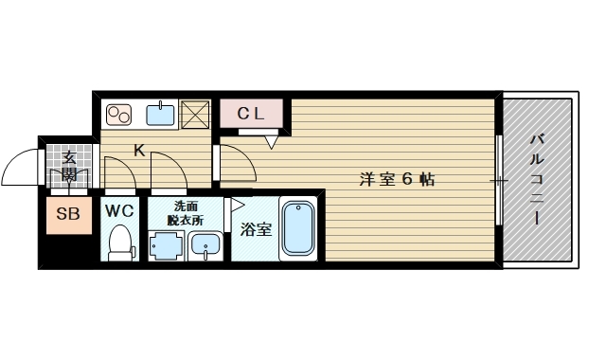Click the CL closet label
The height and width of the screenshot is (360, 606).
click(x=250, y=114)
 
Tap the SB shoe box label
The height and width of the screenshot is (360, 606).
click(x=68, y=213)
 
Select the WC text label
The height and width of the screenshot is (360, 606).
click(x=119, y=211)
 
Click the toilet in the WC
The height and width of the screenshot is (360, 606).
click(x=120, y=243)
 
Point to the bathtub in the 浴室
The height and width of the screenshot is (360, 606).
click(x=298, y=229)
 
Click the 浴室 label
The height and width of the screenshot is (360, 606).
click(x=256, y=229)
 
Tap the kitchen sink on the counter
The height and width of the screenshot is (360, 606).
click(x=160, y=114)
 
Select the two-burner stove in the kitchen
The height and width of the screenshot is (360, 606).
click(x=118, y=116)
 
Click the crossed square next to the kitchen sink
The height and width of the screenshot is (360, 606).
click(x=195, y=115)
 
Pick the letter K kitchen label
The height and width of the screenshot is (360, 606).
click(x=139, y=151)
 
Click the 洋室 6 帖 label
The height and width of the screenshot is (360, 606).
click(x=397, y=180)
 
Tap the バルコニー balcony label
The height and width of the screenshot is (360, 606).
click(x=537, y=179)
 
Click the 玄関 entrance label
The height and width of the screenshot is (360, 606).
click(x=69, y=167)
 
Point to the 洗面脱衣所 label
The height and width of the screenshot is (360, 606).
click(x=186, y=213)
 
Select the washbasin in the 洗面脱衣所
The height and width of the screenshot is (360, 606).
click(x=205, y=246)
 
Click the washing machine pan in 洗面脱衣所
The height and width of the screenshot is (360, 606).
click(x=167, y=245)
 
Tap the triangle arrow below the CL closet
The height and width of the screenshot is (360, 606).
click(x=272, y=142)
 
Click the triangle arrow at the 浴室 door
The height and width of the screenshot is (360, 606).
click(x=236, y=205)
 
